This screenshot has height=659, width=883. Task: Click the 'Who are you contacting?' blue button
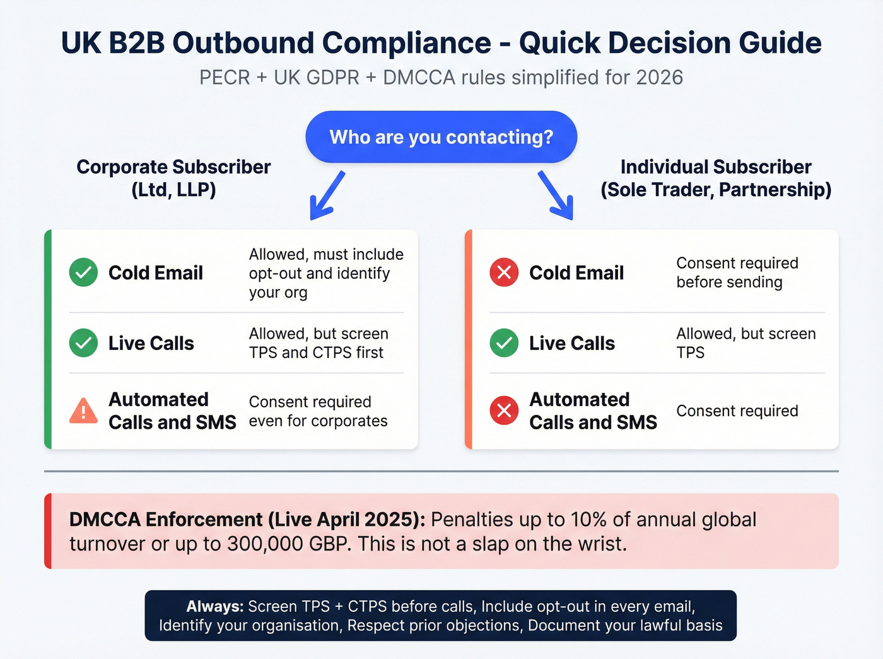click(441, 137)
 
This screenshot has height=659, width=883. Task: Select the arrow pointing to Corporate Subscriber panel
click(327, 195)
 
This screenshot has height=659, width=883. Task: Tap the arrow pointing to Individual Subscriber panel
click(556, 195)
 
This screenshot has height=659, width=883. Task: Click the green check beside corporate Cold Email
click(83, 272)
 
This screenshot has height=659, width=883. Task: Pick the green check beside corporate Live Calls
click(83, 343)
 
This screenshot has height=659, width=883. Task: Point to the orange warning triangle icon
click(83, 411)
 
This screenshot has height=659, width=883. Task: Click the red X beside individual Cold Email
click(504, 272)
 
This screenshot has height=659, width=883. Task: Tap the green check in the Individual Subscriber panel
click(504, 343)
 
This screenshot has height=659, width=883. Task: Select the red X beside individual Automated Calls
click(504, 411)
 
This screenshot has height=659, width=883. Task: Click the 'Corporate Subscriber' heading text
click(173, 167)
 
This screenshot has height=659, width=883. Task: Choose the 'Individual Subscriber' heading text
click(716, 167)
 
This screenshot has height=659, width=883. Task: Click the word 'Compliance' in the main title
click(407, 43)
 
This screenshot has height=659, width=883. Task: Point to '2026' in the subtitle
click(659, 78)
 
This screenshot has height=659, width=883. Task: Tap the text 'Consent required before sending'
click(737, 272)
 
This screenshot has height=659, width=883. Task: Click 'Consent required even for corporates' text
click(318, 411)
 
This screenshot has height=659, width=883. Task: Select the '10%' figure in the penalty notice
click(588, 520)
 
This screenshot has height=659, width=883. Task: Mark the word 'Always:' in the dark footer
click(214, 607)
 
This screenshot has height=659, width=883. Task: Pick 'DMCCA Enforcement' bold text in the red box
click(166, 520)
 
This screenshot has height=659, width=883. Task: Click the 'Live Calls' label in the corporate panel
click(151, 343)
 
